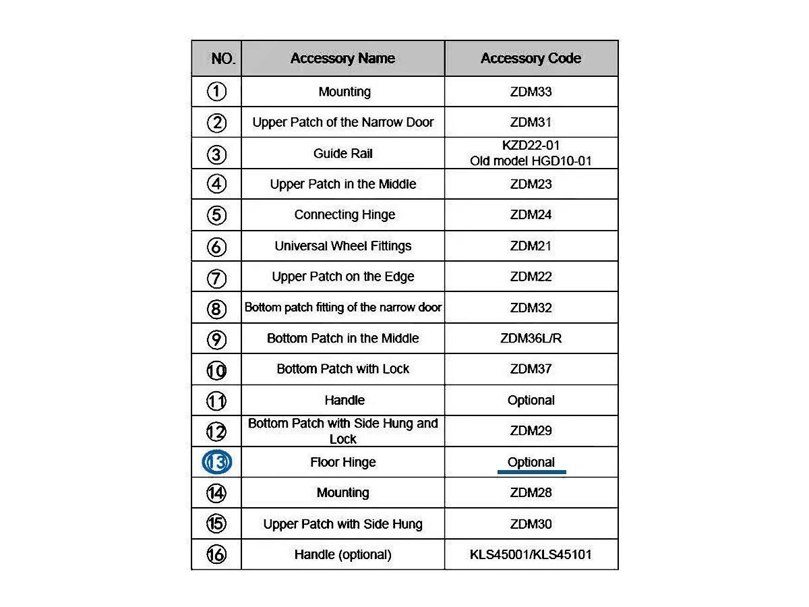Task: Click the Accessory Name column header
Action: tap(342, 59)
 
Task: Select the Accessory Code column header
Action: tap(531, 59)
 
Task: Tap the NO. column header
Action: tap(223, 59)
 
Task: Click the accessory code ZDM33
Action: tap(531, 92)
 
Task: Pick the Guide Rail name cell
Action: tap(342, 154)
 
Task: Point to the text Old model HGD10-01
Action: tap(531, 161)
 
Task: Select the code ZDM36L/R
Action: tap(531, 339)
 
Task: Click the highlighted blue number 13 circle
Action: tap(217, 463)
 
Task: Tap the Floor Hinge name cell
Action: tap(342, 463)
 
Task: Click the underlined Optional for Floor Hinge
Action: tap(531, 463)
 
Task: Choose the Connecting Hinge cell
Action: tap(344, 215)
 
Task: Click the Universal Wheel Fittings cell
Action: tap(342, 246)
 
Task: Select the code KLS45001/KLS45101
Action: tap(531, 555)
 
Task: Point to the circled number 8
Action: tap(216, 309)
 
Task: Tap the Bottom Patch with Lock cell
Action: tap(342, 370)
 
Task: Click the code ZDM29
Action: tap(531, 431)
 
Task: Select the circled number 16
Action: tap(216, 555)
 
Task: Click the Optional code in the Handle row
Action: tap(531, 401)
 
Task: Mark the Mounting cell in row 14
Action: tap(342, 493)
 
